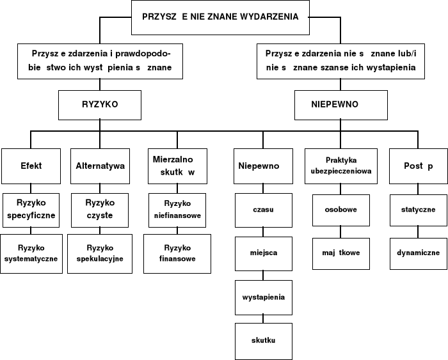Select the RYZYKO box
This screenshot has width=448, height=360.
(99, 104)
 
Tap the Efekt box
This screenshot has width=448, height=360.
(31, 166)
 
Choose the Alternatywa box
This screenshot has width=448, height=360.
(100, 166)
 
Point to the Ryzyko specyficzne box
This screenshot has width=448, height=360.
(31, 209)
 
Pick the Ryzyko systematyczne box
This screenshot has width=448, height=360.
(31, 253)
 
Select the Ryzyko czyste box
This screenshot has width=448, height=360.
(100, 209)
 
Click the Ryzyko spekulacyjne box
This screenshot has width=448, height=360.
(100, 253)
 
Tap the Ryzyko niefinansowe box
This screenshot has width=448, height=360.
(177, 209)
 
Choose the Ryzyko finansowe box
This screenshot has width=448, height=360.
(177, 253)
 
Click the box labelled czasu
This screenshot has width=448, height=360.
(263, 209)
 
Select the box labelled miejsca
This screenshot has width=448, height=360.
(263, 253)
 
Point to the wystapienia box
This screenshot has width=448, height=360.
(263, 297)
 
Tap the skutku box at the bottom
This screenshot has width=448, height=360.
(263, 341)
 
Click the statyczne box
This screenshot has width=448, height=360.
(418, 209)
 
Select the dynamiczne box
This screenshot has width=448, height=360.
(418, 253)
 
